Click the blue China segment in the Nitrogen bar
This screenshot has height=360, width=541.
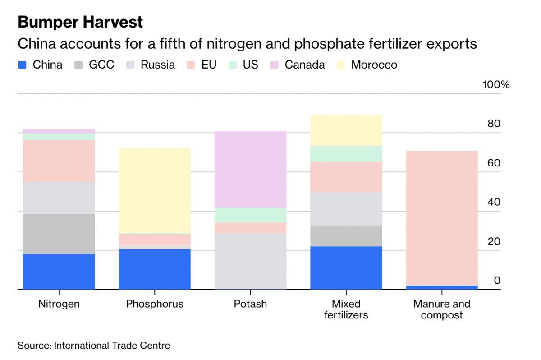pyautogui.click(x=59, y=271)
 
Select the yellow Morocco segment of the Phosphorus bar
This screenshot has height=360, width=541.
pyautogui.click(x=155, y=190)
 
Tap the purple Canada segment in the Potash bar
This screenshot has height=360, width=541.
pyautogui.click(x=250, y=169)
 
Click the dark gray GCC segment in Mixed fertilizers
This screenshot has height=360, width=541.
pyautogui.click(x=346, y=235)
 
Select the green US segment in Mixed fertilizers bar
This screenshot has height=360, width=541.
pyautogui.click(x=346, y=153)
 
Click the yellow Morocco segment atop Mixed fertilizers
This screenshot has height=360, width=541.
pyautogui.click(x=346, y=130)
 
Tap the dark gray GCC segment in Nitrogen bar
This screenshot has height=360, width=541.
pyautogui.click(x=59, y=234)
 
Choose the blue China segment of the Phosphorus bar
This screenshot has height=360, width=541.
pyautogui.click(x=155, y=269)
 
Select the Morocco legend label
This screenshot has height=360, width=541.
pyautogui.click(x=374, y=65)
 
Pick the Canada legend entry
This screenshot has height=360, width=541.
pyautogui.click(x=304, y=65)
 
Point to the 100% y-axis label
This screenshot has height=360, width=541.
pyautogui.click(x=496, y=85)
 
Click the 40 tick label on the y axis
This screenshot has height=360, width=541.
pyautogui.click(x=494, y=202)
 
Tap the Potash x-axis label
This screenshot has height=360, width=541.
pyautogui.click(x=250, y=304)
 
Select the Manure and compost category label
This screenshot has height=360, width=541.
pyautogui.click(x=442, y=309)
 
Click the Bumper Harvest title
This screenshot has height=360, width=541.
pyautogui.click(x=80, y=22)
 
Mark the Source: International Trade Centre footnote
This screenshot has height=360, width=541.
pyautogui.click(x=94, y=346)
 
